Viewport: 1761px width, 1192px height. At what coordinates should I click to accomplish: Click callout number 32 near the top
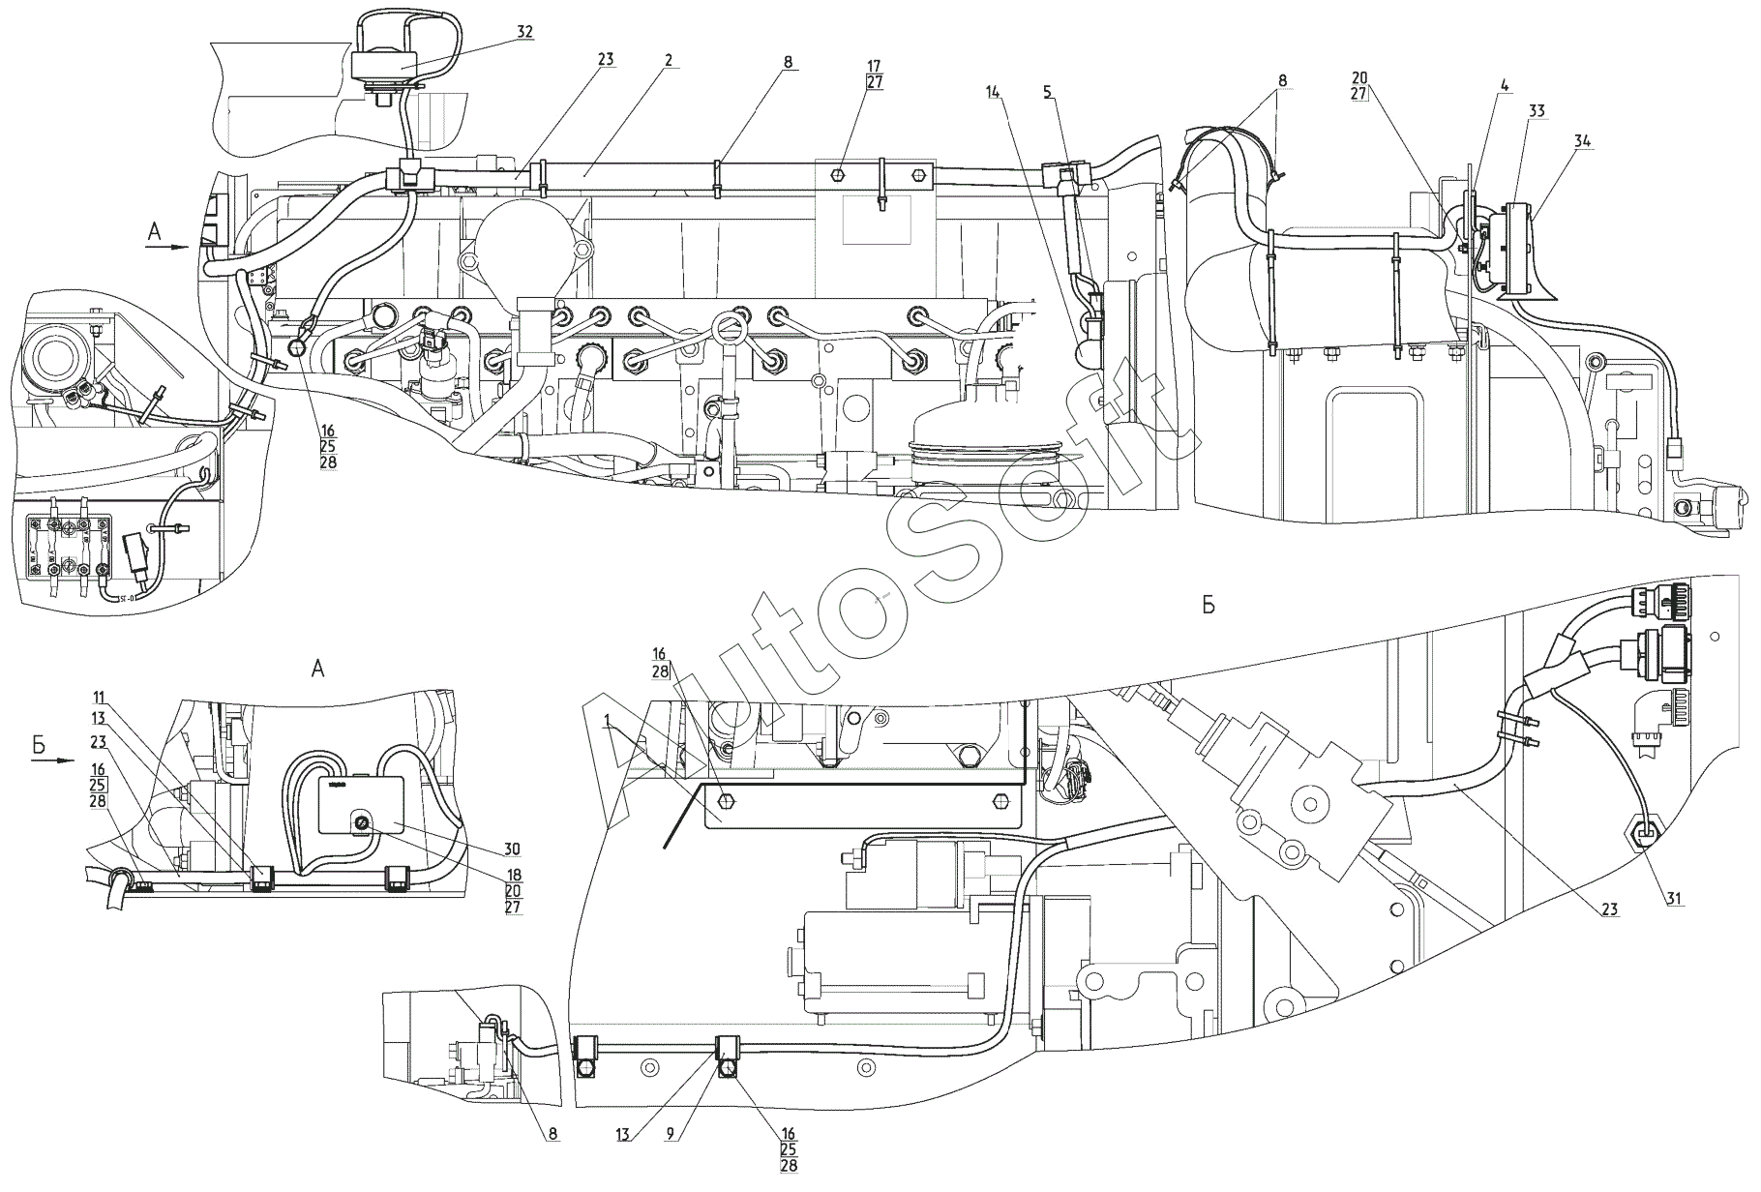524,32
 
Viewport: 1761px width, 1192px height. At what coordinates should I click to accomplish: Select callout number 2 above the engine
669,60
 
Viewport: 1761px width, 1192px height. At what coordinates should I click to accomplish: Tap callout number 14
993,92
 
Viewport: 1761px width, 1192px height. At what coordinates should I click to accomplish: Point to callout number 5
1048,92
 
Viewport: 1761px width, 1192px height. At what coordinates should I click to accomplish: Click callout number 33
1536,112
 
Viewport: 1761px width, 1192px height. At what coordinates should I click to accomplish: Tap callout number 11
100,698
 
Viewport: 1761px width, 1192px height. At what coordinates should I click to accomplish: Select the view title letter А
316,668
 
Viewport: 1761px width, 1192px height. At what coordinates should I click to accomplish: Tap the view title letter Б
1208,606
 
